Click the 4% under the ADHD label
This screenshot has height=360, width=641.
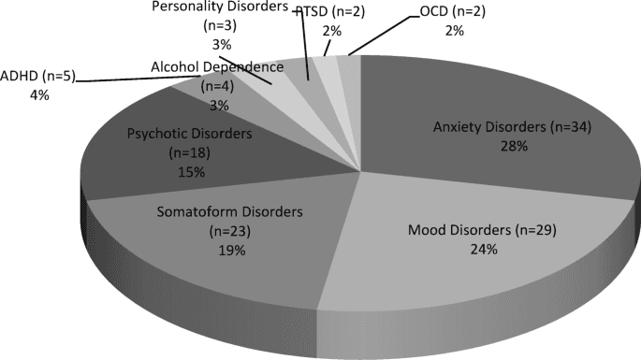pos(13,94)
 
